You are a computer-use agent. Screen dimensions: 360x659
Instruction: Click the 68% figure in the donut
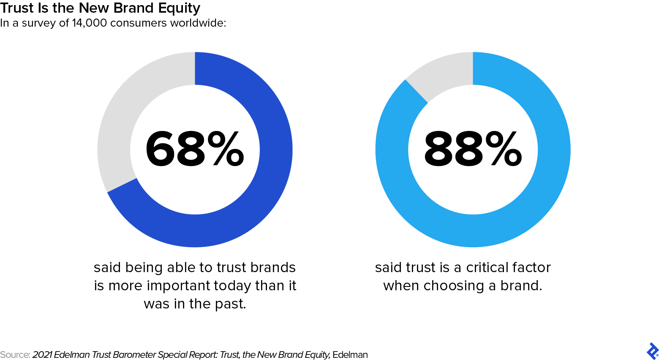pyautogui.click(x=194, y=149)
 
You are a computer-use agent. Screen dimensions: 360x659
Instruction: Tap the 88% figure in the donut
pyautogui.click(x=473, y=149)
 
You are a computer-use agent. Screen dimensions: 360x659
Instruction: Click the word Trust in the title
pyautogui.click(x=16, y=8)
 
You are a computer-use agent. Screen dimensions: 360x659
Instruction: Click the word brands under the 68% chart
pyautogui.click(x=273, y=267)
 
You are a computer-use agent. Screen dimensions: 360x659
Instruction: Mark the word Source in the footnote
pyautogui.click(x=15, y=355)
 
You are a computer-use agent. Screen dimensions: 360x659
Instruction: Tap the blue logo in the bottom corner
pyautogui.click(x=652, y=351)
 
